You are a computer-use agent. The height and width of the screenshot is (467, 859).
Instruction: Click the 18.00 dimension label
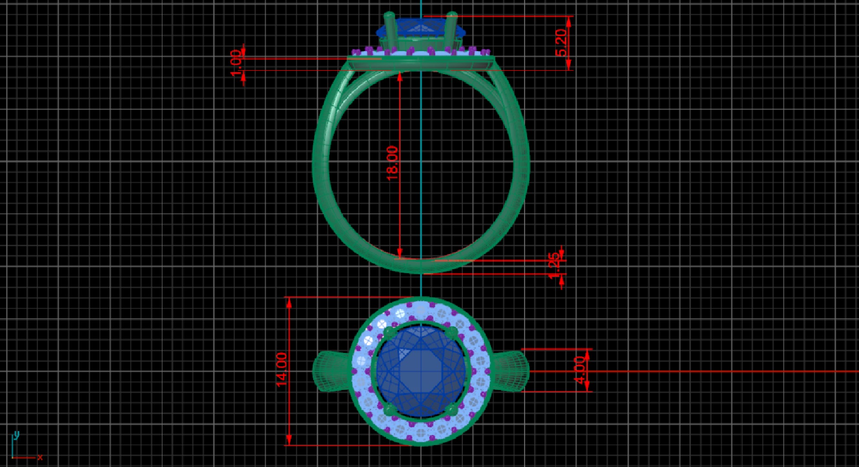click(x=392, y=163)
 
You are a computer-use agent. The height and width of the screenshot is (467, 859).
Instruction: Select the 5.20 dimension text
click(x=561, y=42)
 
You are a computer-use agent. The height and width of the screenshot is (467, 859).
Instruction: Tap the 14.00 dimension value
click(x=282, y=370)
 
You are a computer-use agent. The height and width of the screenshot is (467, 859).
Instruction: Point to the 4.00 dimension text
click(x=580, y=370)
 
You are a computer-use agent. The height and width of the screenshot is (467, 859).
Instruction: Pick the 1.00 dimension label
click(x=236, y=63)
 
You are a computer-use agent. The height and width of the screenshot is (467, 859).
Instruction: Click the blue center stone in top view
click(x=420, y=371)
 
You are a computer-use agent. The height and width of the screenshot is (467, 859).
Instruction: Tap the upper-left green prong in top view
click(x=389, y=332)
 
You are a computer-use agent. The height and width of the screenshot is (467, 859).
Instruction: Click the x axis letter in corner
click(x=40, y=457)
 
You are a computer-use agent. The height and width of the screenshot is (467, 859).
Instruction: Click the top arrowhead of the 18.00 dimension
click(x=400, y=77)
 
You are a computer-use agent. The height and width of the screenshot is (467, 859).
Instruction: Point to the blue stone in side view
click(x=420, y=28)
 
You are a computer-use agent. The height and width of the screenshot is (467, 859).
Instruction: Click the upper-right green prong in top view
click(x=452, y=332)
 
